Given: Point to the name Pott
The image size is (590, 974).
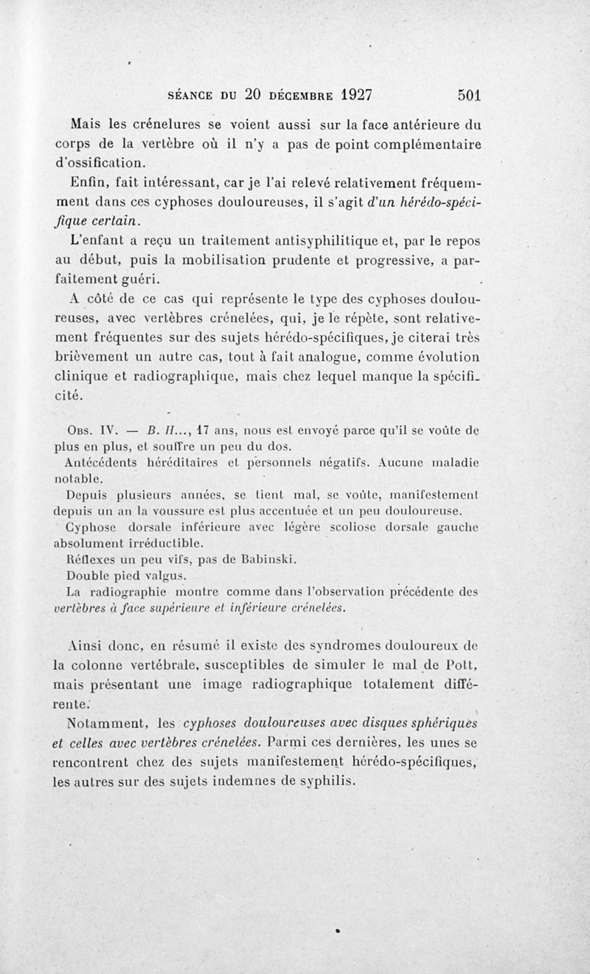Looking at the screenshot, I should tap(466, 667).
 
